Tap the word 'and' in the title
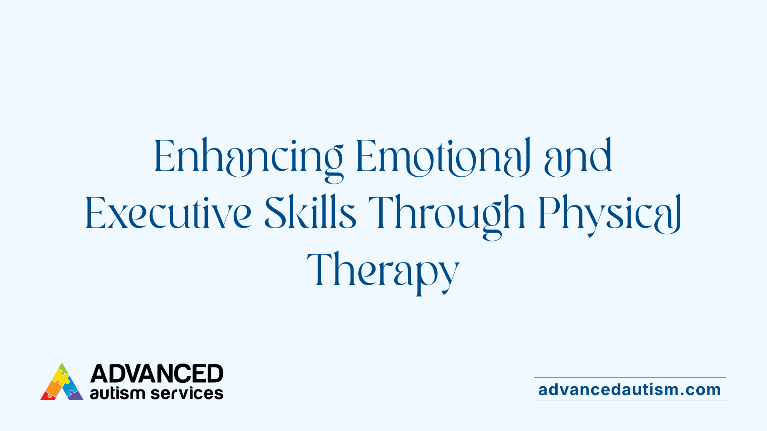pos(578,156)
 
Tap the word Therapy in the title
pos(383,270)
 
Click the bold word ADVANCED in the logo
pos(157,374)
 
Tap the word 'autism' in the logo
pos(117,393)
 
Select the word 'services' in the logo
pos(187,393)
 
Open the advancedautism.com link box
pos(630,389)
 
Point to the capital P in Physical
pos(547,213)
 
